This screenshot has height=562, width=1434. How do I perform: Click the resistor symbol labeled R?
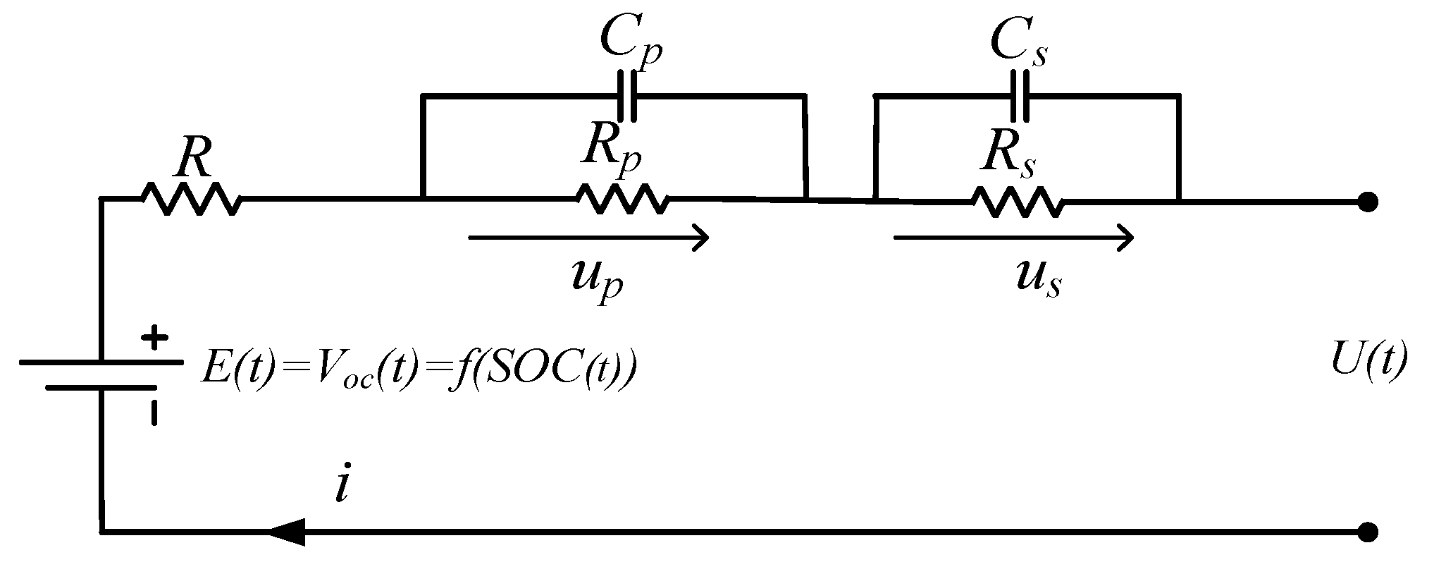[192, 200]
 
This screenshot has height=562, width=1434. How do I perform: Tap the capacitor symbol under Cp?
[627, 95]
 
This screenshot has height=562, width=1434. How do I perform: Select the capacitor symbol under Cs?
[1020, 95]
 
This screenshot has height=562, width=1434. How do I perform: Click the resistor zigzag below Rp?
[622, 200]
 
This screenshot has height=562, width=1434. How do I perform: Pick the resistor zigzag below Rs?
[1018, 201]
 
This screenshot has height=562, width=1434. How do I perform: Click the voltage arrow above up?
[588, 238]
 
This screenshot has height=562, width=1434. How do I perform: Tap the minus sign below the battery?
[154, 413]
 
